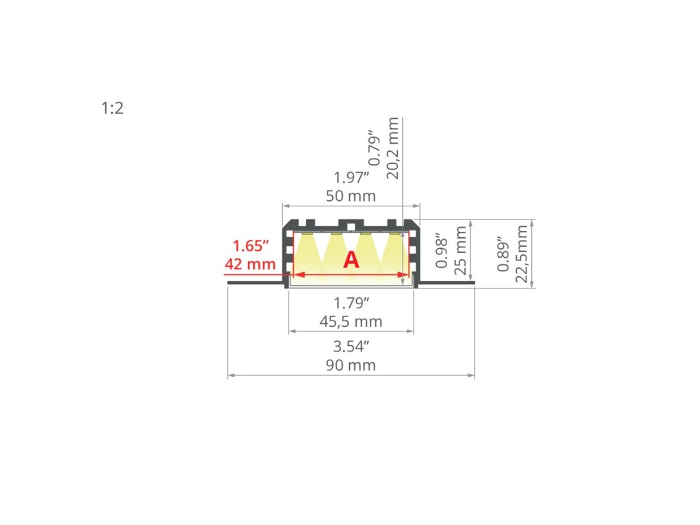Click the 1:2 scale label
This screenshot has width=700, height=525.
113,108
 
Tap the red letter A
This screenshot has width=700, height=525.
351,260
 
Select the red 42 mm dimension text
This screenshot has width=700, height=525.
250,264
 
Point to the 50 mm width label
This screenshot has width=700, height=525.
351,196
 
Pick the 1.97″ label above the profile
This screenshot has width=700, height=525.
351,178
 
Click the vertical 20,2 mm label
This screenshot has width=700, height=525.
393,148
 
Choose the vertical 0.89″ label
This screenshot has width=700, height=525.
504,254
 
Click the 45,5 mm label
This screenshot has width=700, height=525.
351,321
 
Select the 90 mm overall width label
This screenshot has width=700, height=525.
351,365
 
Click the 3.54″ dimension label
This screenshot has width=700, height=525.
351,347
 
